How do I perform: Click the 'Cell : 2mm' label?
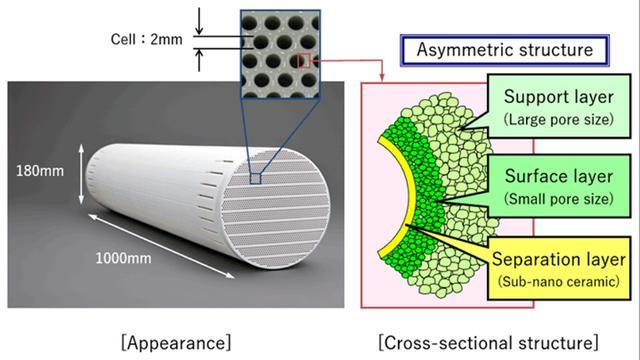coord(147,40)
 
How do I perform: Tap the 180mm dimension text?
coord(40,171)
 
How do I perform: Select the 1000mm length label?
coord(123,258)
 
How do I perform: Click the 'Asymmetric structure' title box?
coord(505,50)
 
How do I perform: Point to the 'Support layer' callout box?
coord(559,106)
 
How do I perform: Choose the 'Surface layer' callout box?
coord(559,186)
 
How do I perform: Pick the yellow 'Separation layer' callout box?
coord(559,268)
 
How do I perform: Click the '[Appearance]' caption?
coord(176,342)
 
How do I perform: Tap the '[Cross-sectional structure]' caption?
coord(488,342)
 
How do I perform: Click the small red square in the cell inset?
coord(304,60)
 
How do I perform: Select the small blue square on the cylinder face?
coord(255,178)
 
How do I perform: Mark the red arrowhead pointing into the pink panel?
coord(382,77)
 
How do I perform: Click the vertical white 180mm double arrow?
coord(81,174)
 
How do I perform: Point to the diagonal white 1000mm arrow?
coord(161,246)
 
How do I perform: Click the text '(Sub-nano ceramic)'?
coord(559,282)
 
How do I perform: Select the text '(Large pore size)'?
coord(559,119)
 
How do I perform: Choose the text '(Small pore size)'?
coord(559,199)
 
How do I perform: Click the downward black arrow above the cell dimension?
coord(199,21)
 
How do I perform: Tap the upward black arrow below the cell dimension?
coord(199,60)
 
